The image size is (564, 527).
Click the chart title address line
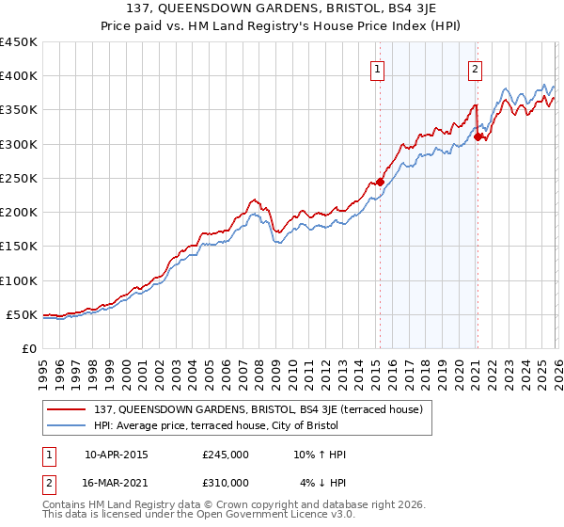coord(282,9)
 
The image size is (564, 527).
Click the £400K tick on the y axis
coord(19,76)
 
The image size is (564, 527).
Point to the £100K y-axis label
coord(19,280)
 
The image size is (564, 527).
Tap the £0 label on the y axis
coord(28,349)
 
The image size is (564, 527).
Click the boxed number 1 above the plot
coord(377,69)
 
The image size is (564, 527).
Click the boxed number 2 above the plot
coord(476,69)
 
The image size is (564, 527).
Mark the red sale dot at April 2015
coord(381,182)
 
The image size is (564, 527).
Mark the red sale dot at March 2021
coord(478,136)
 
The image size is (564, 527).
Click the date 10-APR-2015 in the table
coord(116,455)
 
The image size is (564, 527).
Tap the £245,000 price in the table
coord(226,455)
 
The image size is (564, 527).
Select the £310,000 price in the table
coord(226,483)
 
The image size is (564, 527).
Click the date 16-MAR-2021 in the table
coord(116,483)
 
